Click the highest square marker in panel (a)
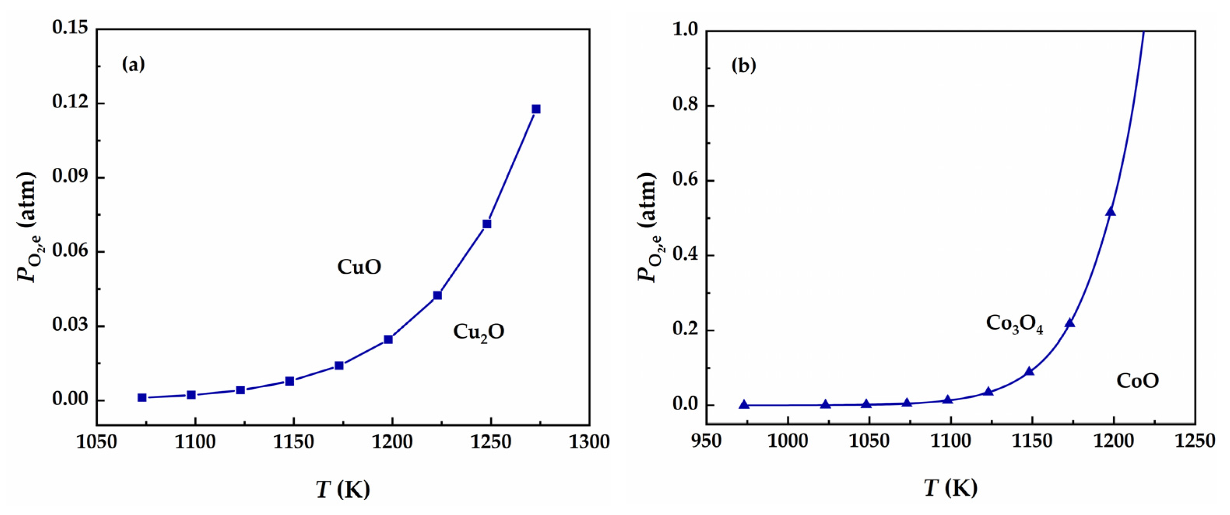536,109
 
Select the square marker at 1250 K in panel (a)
487,223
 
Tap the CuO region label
359,267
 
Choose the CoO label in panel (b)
1137,381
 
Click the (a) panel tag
133,65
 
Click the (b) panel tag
743,65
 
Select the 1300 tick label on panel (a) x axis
589,442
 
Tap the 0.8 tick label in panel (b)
686,105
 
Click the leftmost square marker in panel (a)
142,397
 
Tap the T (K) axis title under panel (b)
950,488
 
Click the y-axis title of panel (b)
648,227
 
